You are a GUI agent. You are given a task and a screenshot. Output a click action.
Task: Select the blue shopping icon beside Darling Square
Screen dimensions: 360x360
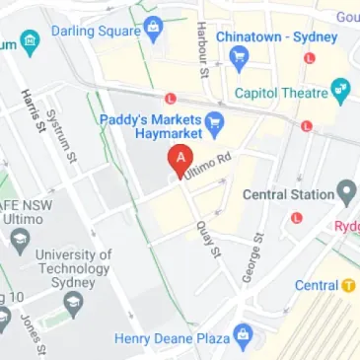(153, 30)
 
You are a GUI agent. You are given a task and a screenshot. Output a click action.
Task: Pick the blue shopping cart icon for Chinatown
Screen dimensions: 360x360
(237, 58)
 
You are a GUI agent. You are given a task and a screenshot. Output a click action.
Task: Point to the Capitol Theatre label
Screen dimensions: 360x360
(280, 94)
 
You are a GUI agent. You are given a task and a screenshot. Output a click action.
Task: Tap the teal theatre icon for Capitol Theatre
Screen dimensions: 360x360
(342, 94)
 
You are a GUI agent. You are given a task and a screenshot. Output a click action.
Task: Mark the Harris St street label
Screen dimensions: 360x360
(34, 109)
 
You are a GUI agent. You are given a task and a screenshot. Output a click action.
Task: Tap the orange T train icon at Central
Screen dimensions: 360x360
(348, 286)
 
